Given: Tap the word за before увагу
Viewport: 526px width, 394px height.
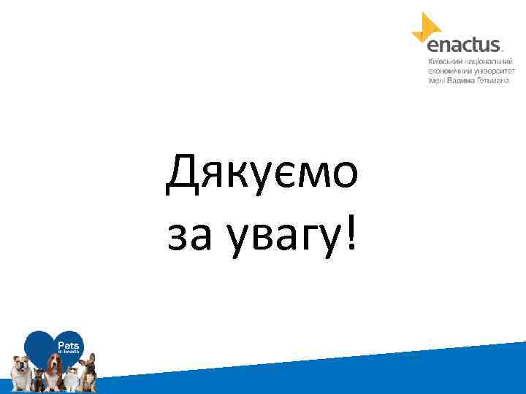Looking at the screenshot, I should pyautogui.click(x=187, y=236).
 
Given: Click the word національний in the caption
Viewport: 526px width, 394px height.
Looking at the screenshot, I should pyautogui.click(x=490, y=63).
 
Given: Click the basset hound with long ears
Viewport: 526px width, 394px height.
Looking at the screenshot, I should pyautogui.click(x=55, y=368).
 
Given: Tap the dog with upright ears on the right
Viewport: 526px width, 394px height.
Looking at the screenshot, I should pyautogui.click(x=88, y=368).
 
